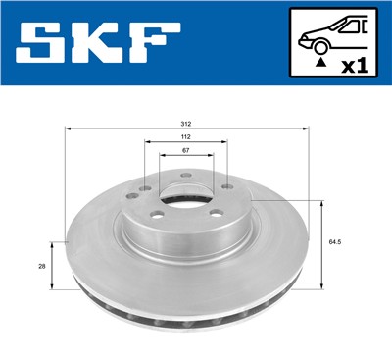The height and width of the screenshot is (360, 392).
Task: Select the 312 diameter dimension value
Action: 186,124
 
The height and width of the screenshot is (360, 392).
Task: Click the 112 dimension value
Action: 186,137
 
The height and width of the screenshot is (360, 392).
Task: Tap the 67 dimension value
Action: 186,151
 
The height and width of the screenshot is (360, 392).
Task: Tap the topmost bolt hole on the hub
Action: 186,174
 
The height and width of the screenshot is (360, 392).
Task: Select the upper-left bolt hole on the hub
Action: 144,189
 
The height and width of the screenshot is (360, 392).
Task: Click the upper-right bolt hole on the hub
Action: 227,187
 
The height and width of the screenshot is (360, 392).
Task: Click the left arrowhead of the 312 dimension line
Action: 68,129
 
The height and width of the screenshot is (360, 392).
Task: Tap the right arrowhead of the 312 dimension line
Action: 307,129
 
